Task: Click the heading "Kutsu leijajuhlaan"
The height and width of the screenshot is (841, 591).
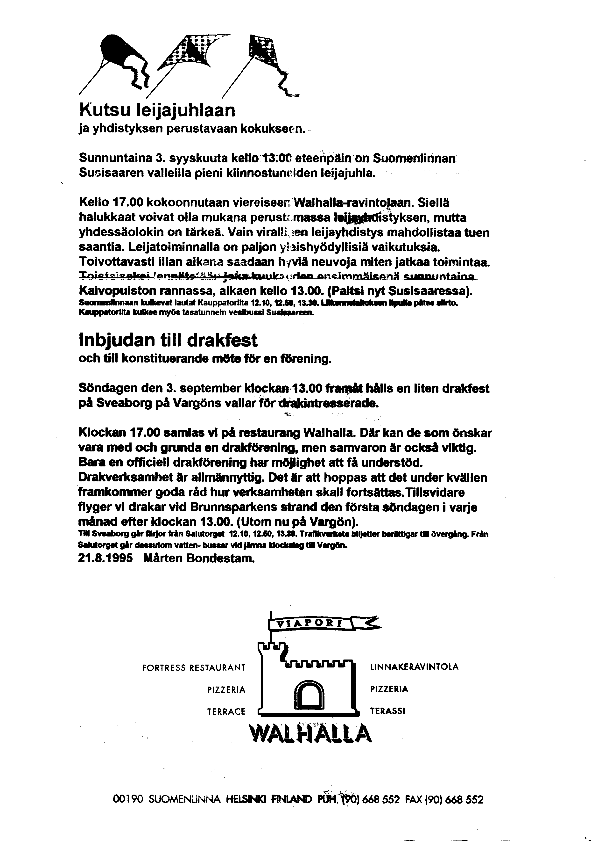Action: point(157,110)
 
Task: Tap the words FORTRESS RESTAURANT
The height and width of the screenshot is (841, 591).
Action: point(194,668)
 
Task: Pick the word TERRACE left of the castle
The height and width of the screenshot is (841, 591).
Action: point(226,712)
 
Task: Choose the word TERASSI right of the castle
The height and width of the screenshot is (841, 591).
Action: point(387,711)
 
